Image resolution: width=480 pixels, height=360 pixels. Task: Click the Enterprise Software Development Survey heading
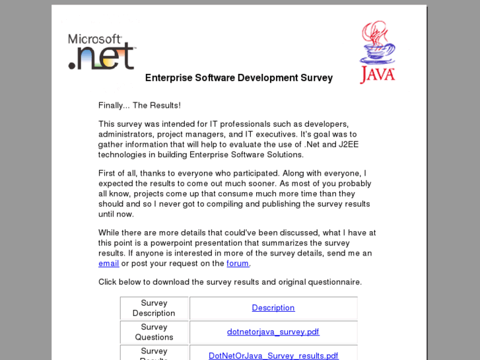pos(238,78)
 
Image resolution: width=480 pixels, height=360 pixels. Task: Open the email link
pos(109,264)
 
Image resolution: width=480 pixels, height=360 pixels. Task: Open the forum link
pos(238,264)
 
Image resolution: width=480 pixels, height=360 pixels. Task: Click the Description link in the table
pos(273,308)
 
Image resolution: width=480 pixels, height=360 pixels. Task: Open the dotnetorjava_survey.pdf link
pos(273,332)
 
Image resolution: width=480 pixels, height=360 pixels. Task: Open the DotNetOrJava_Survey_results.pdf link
pos(273,355)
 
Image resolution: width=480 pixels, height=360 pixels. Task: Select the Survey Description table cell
pos(154,308)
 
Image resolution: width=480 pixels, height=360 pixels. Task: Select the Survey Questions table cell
pos(154,332)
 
